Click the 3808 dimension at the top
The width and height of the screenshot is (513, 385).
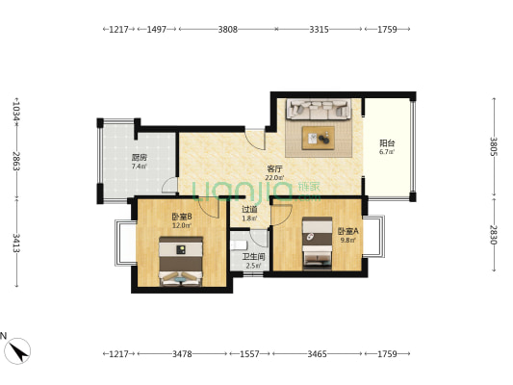tap(228, 30)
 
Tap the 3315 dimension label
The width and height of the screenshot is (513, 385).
tap(319, 30)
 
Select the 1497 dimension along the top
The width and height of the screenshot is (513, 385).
tap(156, 30)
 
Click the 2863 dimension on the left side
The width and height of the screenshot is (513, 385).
tap(15, 161)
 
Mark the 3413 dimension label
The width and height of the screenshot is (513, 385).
tap(15, 244)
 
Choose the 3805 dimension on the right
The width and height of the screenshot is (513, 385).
tap(494, 146)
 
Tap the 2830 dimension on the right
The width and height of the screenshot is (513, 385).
tap(494, 235)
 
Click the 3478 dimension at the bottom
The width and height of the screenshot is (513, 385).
tap(182, 354)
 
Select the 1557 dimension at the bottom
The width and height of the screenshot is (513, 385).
tap(249, 354)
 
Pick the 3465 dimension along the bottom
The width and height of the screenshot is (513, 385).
tap(317, 354)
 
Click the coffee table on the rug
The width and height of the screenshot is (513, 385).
tap(318, 138)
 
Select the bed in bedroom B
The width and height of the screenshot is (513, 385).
tap(181, 262)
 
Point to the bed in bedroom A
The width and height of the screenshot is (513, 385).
tap(317, 244)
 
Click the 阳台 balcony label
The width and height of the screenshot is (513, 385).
tap(387, 143)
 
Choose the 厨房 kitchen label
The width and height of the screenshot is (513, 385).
tap(140, 158)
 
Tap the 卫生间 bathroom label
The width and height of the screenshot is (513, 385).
tap(253, 257)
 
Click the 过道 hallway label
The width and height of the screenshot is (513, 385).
tap(249, 209)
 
